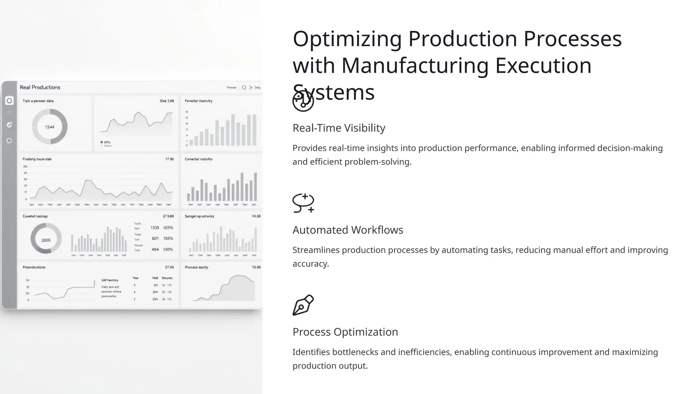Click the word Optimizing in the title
tap(347, 39)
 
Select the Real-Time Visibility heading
tap(339, 128)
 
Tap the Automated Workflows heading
tap(348, 230)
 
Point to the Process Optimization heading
tap(345, 332)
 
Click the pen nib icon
tap(303, 305)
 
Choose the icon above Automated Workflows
tap(303, 203)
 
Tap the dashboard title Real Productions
tap(40, 87)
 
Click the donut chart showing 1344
tap(50, 127)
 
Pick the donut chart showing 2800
tap(46, 240)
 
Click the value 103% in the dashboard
tap(168, 228)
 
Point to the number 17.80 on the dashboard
tap(170, 159)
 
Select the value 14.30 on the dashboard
tap(256, 216)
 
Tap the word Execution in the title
tap(543, 66)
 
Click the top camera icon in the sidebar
tap(9, 101)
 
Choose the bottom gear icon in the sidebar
tap(9, 141)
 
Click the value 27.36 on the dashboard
tap(169, 267)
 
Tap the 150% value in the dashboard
tap(168, 250)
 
